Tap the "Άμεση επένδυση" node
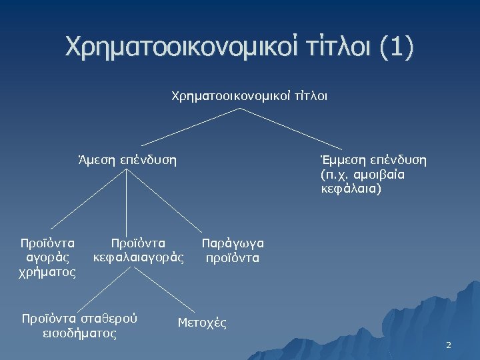[x=127, y=160]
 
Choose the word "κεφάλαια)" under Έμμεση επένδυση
[x=349, y=189]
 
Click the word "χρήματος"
[x=49, y=272]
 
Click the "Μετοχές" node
[x=202, y=323]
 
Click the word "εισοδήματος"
[x=79, y=332]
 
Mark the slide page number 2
[x=448, y=345]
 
